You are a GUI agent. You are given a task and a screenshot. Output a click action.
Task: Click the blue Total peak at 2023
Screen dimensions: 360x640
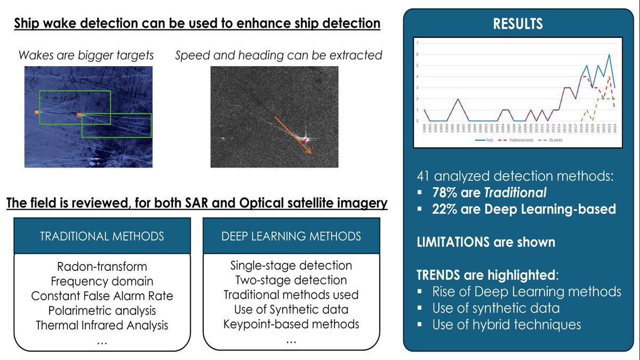(x=610, y=54)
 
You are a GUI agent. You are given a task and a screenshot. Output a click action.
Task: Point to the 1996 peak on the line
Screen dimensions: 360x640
(x=458, y=99)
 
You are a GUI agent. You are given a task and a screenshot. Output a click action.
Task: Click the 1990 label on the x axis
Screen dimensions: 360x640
(x=424, y=129)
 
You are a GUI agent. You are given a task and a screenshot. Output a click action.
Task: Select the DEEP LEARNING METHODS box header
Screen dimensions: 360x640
(x=292, y=236)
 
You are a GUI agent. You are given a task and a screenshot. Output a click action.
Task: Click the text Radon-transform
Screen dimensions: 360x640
(x=102, y=266)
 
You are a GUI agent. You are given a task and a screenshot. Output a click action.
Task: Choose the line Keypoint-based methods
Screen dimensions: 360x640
(x=291, y=324)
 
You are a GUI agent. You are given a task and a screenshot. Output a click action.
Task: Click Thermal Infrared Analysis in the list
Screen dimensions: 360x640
(x=102, y=324)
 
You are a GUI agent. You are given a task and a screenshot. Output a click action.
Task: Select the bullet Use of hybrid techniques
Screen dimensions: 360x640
(x=506, y=324)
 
